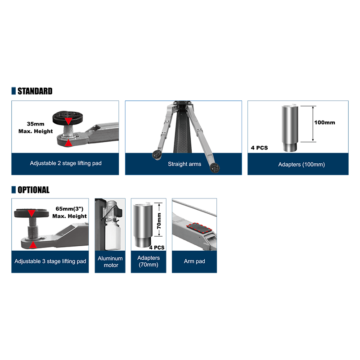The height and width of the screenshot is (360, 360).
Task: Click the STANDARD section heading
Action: point(35,91)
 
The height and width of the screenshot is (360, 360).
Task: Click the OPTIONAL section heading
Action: point(33,190)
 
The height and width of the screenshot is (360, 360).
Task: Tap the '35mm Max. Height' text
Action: point(36,128)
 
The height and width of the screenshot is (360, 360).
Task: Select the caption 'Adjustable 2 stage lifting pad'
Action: point(66,163)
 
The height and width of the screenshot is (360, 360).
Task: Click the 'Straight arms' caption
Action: point(184,164)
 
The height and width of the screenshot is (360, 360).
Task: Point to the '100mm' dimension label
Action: point(324,122)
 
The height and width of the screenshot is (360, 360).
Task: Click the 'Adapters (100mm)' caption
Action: point(301,164)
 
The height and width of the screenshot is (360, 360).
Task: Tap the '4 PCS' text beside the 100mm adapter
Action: point(260,148)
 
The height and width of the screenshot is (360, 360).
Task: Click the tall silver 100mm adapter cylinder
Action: point(290,128)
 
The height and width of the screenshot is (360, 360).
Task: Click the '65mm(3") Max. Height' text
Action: point(70,212)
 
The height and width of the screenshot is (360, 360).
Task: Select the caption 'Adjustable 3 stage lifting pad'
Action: point(50,261)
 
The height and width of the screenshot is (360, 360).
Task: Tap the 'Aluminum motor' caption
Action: point(110,262)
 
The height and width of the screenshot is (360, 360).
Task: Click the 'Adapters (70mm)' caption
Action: point(148,261)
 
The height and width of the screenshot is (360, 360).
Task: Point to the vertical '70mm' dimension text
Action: point(159,221)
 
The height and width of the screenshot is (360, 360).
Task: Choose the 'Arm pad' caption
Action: point(194,261)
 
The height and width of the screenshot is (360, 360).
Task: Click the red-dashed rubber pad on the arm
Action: point(199,228)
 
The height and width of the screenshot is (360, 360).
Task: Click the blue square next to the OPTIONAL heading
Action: point(13,189)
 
